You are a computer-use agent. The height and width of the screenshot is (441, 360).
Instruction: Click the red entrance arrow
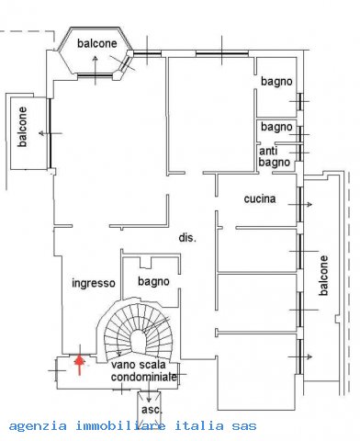(x=80, y=364)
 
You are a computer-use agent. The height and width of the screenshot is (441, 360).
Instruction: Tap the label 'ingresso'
(x=94, y=283)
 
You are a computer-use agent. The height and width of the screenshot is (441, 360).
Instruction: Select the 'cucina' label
(x=260, y=198)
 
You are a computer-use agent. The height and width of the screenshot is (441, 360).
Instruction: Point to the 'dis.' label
(x=187, y=238)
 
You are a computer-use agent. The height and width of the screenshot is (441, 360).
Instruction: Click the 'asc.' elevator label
(x=152, y=410)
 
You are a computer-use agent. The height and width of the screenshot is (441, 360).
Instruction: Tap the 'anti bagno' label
(x=274, y=156)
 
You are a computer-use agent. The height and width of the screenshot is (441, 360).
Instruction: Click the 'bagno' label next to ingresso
(x=153, y=281)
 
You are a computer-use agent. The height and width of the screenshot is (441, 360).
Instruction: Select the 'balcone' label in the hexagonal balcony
(x=97, y=43)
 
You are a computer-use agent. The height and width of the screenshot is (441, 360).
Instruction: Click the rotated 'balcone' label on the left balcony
(x=22, y=127)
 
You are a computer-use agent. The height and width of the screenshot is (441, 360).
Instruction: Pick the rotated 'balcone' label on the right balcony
(x=323, y=276)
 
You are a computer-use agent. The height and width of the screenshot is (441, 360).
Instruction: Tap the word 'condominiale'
(x=144, y=377)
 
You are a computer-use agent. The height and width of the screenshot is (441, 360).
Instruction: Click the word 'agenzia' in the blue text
(x=38, y=426)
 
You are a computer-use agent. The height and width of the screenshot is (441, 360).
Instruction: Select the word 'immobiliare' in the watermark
(x=120, y=425)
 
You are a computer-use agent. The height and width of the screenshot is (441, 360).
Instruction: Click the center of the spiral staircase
(x=139, y=339)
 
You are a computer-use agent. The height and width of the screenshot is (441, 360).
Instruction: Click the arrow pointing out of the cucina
(x=300, y=204)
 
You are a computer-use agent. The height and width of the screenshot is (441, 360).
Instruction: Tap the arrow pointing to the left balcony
(x=51, y=133)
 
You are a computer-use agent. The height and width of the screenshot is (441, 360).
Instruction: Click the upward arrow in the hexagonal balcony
(x=96, y=71)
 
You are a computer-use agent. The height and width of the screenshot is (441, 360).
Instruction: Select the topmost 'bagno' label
(x=276, y=82)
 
